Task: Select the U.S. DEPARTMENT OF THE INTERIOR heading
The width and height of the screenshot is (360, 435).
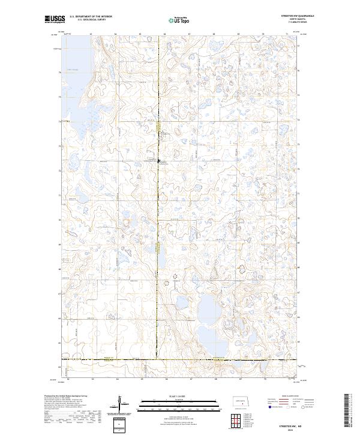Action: tap(91, 17)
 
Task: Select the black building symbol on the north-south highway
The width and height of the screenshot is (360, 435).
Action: tap(158, 161)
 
